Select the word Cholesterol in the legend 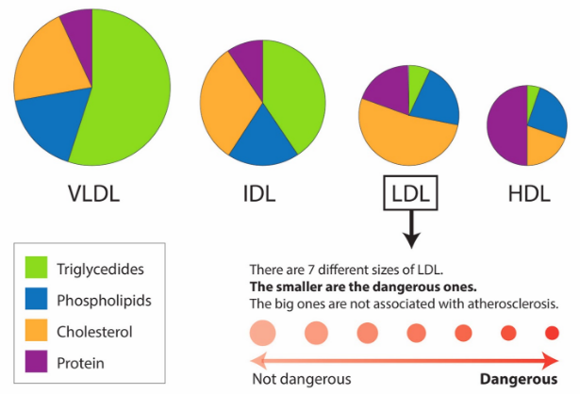120,332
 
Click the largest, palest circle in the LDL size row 263,332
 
